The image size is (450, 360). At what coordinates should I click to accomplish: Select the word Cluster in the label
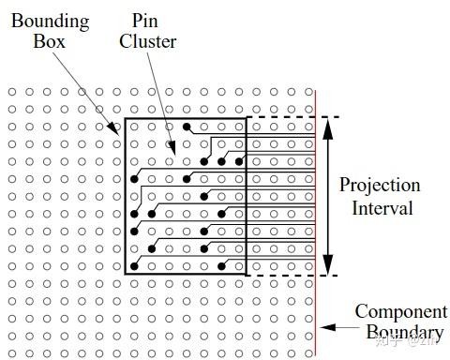[148, 41]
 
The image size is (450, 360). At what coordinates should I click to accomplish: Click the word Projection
[380, 185]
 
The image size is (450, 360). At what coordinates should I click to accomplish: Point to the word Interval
[382, 208]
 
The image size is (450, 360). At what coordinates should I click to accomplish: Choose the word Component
[400, 311]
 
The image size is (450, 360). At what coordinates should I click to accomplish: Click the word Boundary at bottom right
[403, 333]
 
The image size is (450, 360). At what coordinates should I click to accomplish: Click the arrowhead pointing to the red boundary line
[323, 327]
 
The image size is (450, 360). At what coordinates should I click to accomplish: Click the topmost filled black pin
[187, 126]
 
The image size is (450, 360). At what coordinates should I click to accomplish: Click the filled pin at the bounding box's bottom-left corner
[134, 266]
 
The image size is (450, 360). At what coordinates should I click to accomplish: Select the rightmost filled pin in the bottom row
[221, 266]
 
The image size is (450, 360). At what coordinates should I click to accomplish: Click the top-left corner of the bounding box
[125, 118]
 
